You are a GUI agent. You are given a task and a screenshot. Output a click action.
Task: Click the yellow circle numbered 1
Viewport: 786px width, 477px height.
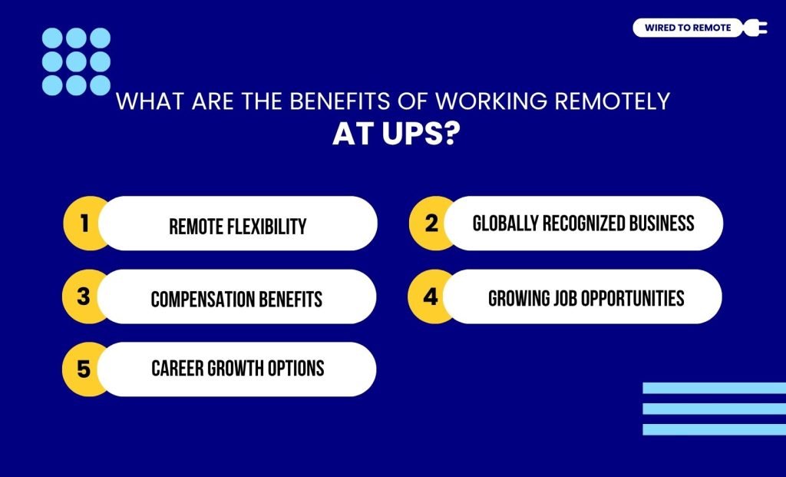(83, 223)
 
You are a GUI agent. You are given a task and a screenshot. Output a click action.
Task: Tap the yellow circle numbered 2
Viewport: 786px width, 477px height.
(430, 223)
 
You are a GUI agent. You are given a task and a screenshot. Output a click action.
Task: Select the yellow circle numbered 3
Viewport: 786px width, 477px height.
(83, 296)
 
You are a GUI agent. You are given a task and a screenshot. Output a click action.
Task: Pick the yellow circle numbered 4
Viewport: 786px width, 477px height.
(430, 296)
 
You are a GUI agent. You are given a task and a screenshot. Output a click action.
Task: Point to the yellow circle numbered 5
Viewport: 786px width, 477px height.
(83, 369)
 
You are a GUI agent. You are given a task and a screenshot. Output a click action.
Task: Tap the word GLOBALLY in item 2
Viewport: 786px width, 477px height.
(504, 223)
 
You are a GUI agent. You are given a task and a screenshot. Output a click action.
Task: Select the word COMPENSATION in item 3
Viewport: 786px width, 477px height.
(202, 299)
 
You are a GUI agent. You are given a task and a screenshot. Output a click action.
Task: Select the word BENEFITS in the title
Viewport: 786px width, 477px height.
(277, 102)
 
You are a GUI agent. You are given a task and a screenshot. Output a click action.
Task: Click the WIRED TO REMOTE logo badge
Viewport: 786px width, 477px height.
(687, 28)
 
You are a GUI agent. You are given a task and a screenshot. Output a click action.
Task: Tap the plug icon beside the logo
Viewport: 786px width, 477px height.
(755, 28)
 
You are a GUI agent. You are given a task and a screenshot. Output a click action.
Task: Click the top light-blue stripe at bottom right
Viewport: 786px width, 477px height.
(714, 389)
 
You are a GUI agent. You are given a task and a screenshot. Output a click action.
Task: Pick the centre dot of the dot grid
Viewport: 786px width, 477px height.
(76, 61)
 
